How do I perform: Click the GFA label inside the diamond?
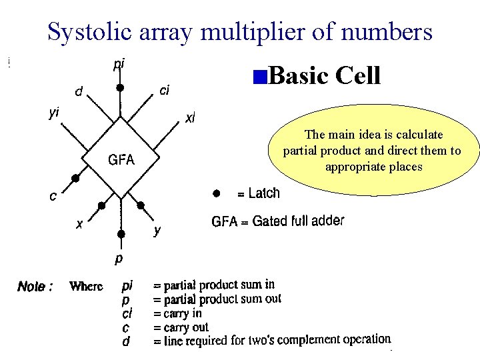[122, 160]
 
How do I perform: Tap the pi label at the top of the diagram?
[119, 65]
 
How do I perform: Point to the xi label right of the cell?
[190, 119]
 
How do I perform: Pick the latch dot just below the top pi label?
[120, 87]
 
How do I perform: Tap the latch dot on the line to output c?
[76, 179]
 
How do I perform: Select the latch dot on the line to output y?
[141, 205]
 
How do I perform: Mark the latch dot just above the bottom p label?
[121, 234]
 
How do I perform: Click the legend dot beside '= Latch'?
[215, 193]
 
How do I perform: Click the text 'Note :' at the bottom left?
[35, 287]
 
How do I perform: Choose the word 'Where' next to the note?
[86, 287]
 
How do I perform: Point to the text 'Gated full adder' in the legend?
[298, 221]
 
